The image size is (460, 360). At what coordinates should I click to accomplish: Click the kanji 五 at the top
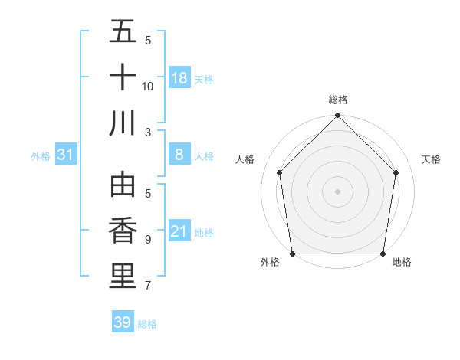(x=123, y=33)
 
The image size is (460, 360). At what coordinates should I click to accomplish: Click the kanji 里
(x=123, y=276)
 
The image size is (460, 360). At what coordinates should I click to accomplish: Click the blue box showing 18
(x=179, y=78)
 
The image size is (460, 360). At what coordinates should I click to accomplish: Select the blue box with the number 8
(x=179, y=155)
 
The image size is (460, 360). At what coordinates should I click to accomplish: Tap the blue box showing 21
(x=179, y=231)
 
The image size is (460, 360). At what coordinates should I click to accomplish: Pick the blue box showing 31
(x=66, y=155)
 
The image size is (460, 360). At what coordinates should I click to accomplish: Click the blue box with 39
(x=123, y=322)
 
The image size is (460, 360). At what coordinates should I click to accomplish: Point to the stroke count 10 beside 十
(x=148, y=86)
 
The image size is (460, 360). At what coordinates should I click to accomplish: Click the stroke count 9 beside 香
(x=148, y=240)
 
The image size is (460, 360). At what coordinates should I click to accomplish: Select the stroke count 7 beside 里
(x=148, y=286)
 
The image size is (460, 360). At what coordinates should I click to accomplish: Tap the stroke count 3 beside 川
(x=148, y=132)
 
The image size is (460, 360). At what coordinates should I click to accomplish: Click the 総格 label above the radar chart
(x=338, y=100)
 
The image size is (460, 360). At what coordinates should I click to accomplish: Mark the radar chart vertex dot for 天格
(x=396, y=172)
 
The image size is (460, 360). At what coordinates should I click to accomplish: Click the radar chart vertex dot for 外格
(x=293, y=254)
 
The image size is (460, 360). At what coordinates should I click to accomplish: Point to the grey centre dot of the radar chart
(x=338, y=191)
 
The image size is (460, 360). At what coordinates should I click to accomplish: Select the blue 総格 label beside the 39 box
(x=147, y=324)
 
